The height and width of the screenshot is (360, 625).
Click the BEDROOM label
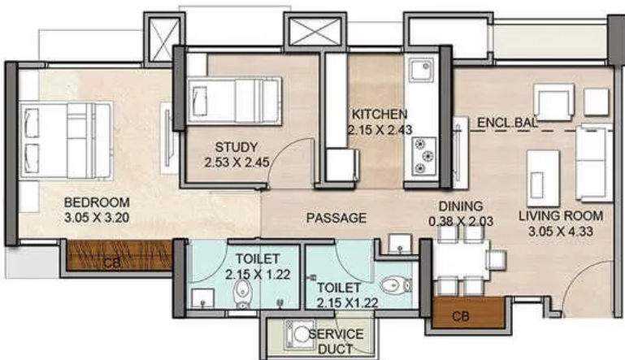(97, 202)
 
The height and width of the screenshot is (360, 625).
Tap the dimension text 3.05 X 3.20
(97, 217)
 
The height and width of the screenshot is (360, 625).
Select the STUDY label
(237, 147)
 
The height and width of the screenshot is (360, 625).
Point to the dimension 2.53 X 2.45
(237, 163)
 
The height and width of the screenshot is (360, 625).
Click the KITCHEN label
(380, 114)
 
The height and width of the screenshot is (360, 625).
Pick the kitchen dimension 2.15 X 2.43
(380, 129)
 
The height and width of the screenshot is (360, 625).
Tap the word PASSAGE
(336, 218)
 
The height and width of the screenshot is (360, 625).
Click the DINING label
(461, 206)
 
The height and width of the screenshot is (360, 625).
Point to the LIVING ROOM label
(561, 215)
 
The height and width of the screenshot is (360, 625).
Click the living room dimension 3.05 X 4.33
(561, 231)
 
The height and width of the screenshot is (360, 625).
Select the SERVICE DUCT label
(336, 340)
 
